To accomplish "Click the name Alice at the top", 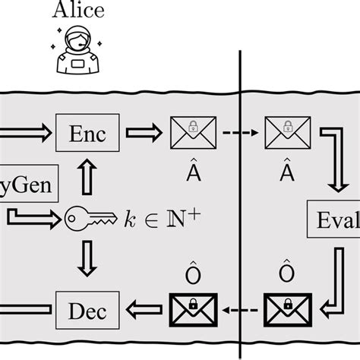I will pyautogui.click(x=78, y=11).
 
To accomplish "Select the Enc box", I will pyautogui.click(x=90, y=135).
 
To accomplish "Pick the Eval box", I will pyautogui.click(x=333, y=221).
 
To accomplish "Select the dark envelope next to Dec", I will pyautogui.click(x=193, y=310).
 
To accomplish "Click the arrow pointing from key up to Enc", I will pyautogui.click(x=90, y=177).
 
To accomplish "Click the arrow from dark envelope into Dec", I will pyautogui.click(x=142, y=310).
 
